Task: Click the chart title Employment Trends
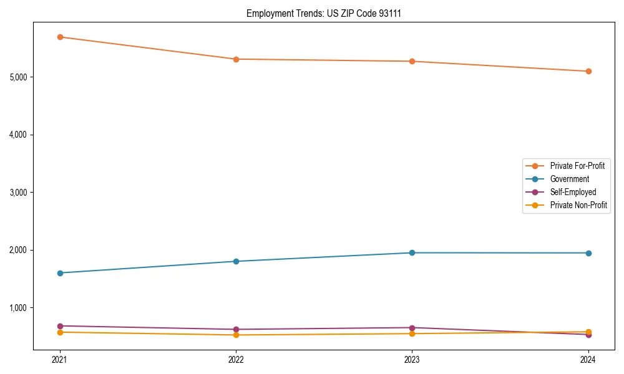pyautogui.click(x=323, y=13)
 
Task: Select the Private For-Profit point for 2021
pyautogui.click(x=60, y=37)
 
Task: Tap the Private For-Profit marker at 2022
pyautogui.click(x=236, y=59)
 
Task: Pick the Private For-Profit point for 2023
pyautogui.click(x=412, y=61)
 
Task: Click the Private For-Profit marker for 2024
pyautogui.click(x=588, y=71)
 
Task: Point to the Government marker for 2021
pyautogui.click(x=60, y=273)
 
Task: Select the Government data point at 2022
pyautogui.click(x=236, y=261)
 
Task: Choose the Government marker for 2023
pyautogui.click(x=412, y=252)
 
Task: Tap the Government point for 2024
pyautogui.click(x=588, y=253)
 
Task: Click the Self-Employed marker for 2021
pyautogui.click(x=60, y=326)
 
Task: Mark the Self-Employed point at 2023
pyautogui.click(x=412, y=328)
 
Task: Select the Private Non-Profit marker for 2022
pyautogui.click(x=236, y=335)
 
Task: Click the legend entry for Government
pyautogui.click(x=569, y=179)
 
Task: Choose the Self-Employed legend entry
pyautogui.click(x=573, y=192)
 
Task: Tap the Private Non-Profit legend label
pyautogui.click(x=578, y=205)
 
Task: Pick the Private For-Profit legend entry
pyautogui.click(x=577, y=166)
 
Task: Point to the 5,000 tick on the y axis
pyautogui.click(x=19, y=77)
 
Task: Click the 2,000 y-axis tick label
pyautogui.click(x=19, y=250)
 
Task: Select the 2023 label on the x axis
pyautogui.click(x=412, y=360)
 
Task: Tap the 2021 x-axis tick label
pyautogui.click(x=60, y=360)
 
